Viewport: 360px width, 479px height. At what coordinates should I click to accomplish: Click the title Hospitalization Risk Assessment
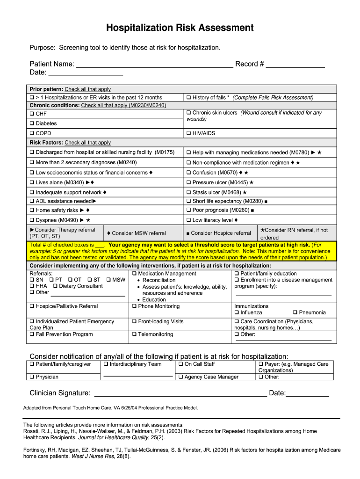pos(180,28)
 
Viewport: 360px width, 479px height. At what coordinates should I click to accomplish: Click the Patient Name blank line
pos(154,65)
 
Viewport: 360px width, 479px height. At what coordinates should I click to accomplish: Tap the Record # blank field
pos(295,65)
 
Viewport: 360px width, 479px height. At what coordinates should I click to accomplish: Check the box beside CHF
pos(32,114)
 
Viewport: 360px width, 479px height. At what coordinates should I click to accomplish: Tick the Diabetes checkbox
pos(32,123)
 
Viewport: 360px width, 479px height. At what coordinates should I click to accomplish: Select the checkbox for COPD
pos(32,133)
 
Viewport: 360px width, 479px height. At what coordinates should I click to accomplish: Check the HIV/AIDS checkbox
pos(188,133)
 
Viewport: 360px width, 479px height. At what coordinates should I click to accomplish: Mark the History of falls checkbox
pos(188,98)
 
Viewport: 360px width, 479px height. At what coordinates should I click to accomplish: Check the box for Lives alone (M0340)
pos(32,183)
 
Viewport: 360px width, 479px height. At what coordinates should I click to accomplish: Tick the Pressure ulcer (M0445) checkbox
pos(188,183)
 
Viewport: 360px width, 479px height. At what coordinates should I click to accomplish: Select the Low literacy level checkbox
pos(188,220)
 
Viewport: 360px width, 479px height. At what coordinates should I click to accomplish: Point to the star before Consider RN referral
pos(262,230)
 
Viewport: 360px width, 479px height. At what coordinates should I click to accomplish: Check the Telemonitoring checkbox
pos(134,334)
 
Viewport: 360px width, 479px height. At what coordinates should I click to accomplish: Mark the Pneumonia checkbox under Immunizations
pos(295,312)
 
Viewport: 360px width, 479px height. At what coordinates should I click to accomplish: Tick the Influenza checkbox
pos(237,312)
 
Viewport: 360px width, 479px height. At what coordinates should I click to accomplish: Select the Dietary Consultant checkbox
pos(55,286)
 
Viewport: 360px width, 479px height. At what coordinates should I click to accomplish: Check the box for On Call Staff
pos(180,364)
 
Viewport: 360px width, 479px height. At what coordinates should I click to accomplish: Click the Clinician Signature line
pos(180,393)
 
